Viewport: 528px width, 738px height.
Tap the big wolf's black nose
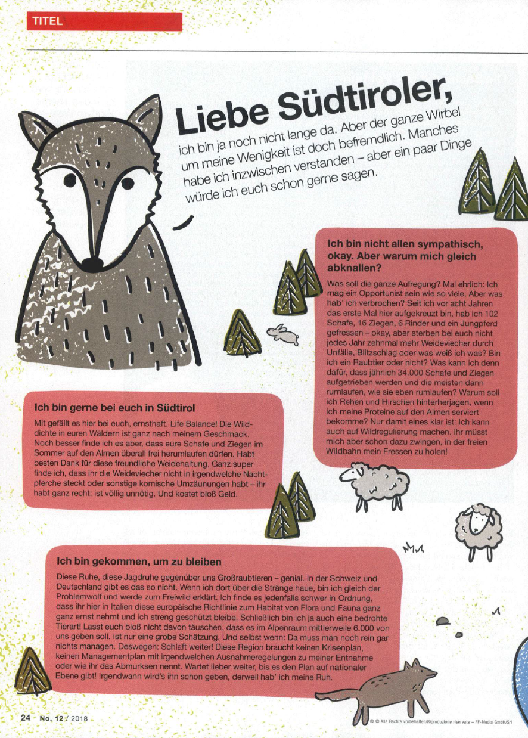coord(92,262)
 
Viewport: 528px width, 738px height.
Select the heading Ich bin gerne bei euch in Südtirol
coord(116,409)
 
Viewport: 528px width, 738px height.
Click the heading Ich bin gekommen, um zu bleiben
coord(139,561)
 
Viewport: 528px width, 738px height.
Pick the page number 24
coord(26,718)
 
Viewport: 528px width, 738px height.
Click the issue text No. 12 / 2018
coord(64,718)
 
